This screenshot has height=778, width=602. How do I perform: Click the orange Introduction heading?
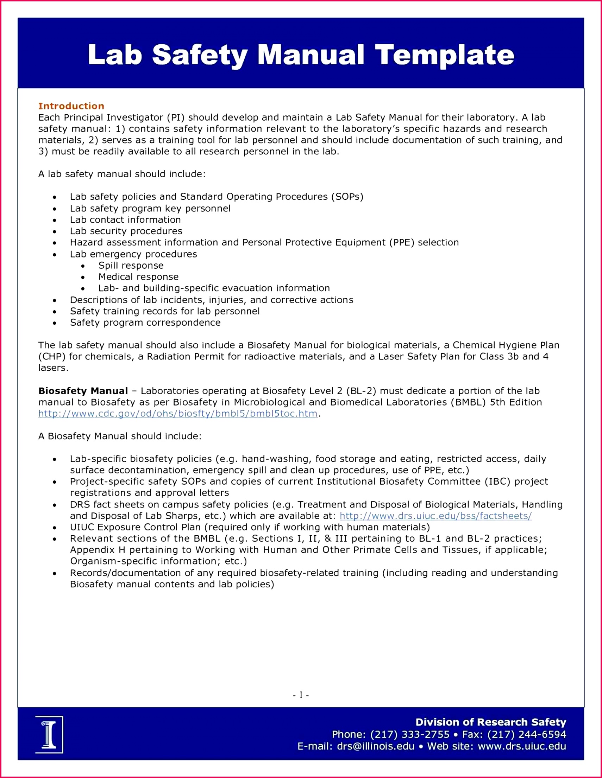[x=71, y=106]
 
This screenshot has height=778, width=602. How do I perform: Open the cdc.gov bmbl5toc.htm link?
[x=177, y=414]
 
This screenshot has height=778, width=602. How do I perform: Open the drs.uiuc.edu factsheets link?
[x=435, y=516]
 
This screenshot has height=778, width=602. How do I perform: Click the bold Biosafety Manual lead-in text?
[x=83, y=391]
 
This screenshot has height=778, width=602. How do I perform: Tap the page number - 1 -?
[x=301, y=695]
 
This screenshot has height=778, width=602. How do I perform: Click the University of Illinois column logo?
[x=49, y=734]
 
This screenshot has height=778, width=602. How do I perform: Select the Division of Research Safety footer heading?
[x=491, y=722]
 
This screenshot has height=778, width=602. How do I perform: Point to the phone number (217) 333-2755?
[x=410, y=734]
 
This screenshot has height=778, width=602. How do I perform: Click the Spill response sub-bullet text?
[x=131, y=266]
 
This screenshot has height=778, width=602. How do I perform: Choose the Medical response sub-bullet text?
[x=138, y=277]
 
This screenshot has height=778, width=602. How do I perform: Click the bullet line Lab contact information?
[x=125, y=220]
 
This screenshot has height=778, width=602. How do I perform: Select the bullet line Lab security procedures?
[x=126, y=231]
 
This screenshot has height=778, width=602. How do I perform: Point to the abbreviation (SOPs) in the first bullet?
[x=347, y=197]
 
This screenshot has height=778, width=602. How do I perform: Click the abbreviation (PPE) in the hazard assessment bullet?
[x=402, y=243]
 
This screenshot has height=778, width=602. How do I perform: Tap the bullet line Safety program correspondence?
[x=145, y=323]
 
